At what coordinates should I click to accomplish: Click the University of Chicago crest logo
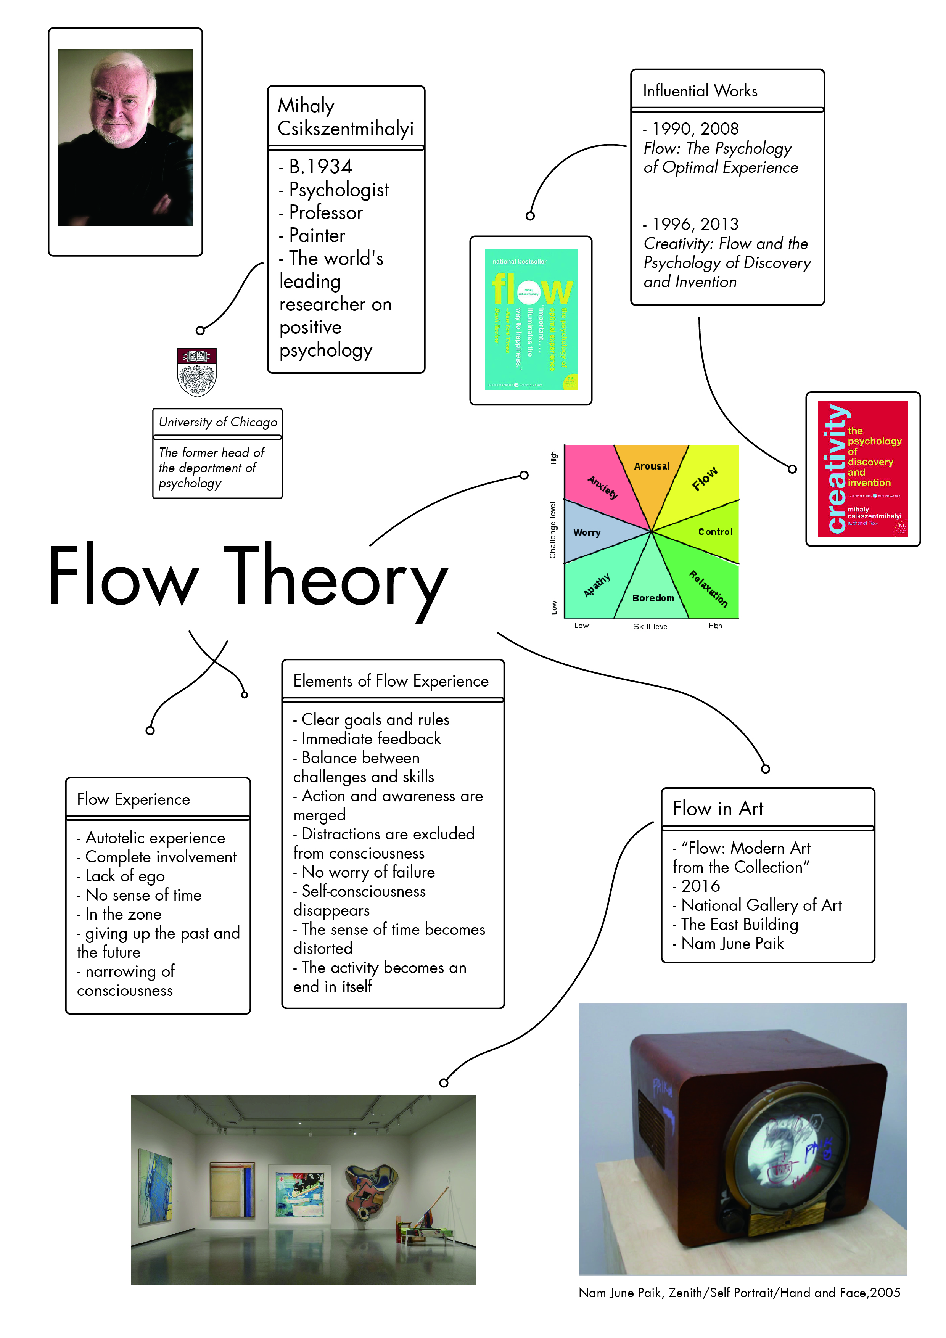(196, 372)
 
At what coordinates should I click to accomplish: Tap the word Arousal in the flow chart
(652, 466)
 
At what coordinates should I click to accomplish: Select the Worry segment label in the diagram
(586, 532)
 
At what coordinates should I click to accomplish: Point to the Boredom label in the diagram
(653, 598)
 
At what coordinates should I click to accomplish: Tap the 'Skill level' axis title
(651, 626)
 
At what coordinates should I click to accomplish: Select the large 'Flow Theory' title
(248, 577)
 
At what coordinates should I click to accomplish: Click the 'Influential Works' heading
(700, 91)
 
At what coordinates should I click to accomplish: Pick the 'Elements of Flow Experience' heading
(391, 681)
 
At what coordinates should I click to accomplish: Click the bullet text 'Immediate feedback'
(371, 739)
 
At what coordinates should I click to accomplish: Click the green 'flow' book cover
(531, 319)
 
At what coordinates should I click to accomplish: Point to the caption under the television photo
(739, 1293)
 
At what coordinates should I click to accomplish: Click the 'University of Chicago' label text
(218, 422)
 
